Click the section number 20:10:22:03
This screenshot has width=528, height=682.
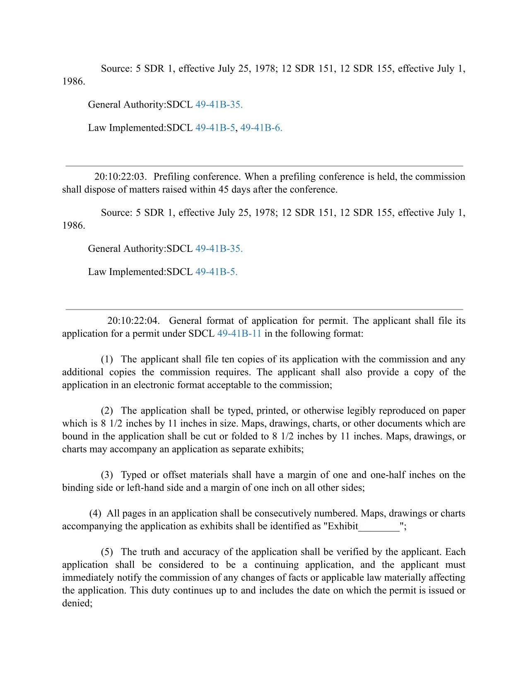pos(120,177)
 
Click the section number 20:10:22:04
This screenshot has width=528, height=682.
pos(133,321)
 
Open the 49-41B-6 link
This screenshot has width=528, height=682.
pos(261,128)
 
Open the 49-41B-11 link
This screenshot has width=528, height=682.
pos(239,334)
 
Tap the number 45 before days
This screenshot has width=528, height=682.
pos(223,190)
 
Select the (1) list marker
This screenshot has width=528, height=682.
pos(107,359)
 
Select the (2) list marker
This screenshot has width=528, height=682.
pos(107,411)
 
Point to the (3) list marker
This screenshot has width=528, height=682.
pos(107,475)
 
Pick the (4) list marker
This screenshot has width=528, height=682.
pos(96,513)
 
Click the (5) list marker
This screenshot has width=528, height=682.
pos(107,552)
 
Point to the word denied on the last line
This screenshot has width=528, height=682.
pos(77,603)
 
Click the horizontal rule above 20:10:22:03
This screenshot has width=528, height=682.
pos(264,166)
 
